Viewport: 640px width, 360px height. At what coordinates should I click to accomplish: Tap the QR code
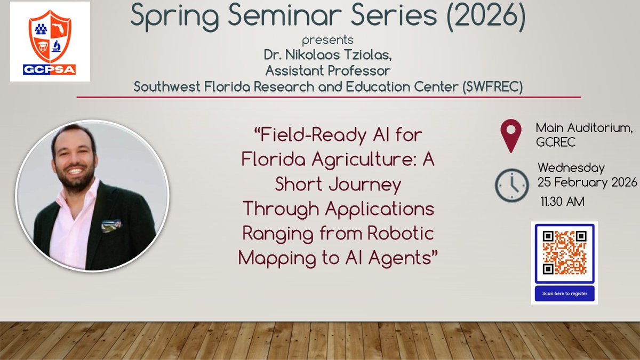point(564,252)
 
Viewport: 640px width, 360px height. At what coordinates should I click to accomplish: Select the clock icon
point(511,185)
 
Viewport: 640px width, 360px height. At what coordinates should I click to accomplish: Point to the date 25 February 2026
point(587,182)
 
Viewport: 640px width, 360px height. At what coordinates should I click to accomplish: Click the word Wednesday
point(571,168)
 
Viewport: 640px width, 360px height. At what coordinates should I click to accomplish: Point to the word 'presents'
point(328,40)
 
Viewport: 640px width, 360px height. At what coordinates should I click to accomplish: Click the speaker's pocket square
point(111,226)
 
